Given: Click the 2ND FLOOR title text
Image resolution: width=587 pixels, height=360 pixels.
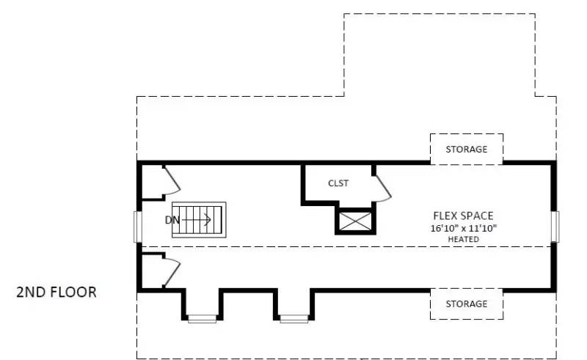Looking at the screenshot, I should tap(56, 292).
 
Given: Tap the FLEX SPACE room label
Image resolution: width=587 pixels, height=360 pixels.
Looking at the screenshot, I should tap(463, 216).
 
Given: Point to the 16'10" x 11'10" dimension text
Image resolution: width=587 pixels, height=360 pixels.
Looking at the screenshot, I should tap(464, 228).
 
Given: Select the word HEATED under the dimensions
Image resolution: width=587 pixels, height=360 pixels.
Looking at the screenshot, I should tap(464, 239).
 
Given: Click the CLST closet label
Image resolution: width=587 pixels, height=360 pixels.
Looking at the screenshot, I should tap(338, 183).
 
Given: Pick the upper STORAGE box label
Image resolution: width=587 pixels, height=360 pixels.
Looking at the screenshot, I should tap(466, 149).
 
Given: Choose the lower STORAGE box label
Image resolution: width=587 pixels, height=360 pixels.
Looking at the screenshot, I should tap(466, 304).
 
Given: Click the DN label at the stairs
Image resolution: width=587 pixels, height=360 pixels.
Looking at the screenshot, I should tap(172, 219).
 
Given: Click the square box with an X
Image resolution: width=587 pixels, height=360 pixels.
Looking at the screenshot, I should tap(355, 221).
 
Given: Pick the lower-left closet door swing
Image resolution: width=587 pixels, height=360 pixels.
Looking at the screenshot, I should tap(171, 271).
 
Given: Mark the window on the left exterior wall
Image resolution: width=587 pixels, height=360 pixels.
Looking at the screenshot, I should tap(136, 227).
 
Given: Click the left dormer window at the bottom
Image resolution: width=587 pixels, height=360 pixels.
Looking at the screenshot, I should tap(202, 318).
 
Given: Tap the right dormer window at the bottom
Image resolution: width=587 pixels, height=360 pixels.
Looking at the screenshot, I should tap(293, 318).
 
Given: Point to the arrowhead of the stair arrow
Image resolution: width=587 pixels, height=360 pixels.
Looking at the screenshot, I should tap(209, 219).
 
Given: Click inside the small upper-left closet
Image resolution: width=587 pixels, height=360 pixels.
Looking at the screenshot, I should tap(152, 181).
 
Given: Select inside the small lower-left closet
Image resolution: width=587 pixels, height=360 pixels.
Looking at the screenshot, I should tap(152, 272).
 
